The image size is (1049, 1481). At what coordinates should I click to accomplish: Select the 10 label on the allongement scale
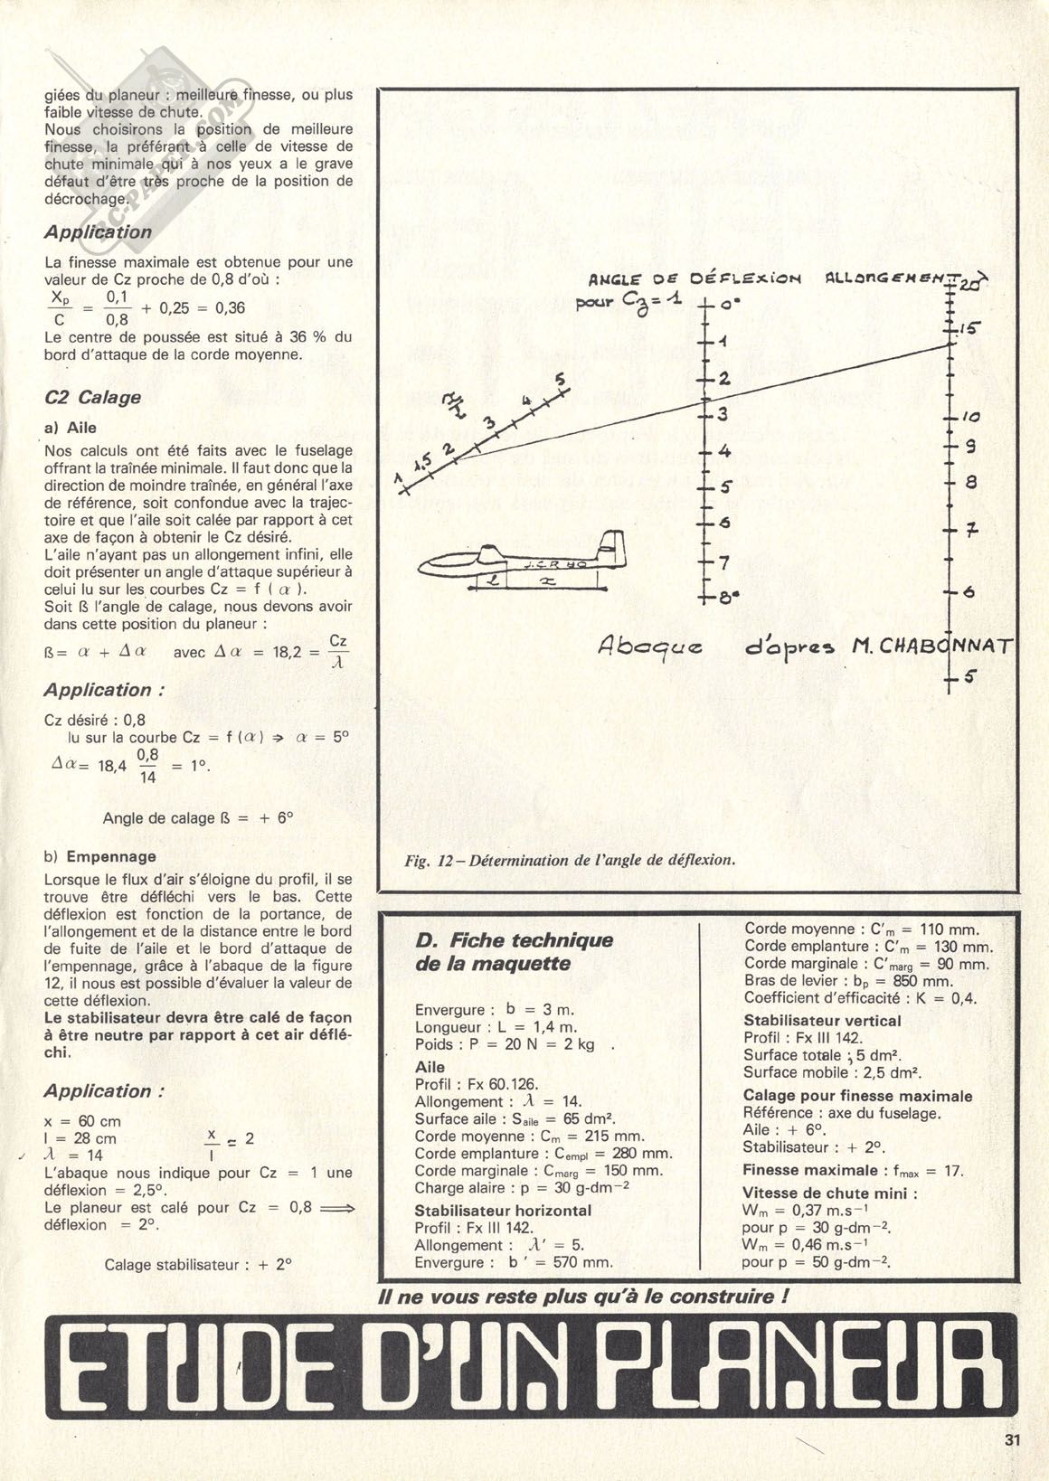point(970,418)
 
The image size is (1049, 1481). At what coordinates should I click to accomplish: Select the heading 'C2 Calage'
point(92,397)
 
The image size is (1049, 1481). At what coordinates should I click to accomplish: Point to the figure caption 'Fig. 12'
point(570,859)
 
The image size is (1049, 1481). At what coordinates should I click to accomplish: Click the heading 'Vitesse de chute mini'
point(829,1193)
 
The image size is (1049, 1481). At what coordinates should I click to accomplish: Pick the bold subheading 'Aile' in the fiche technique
point(430,1067)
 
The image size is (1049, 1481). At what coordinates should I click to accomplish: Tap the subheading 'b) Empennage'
point(99,856)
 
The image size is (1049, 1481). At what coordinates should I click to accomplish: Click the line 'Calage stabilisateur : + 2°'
point(198,1264)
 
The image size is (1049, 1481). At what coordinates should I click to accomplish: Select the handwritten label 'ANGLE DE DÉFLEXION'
point(694,279)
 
